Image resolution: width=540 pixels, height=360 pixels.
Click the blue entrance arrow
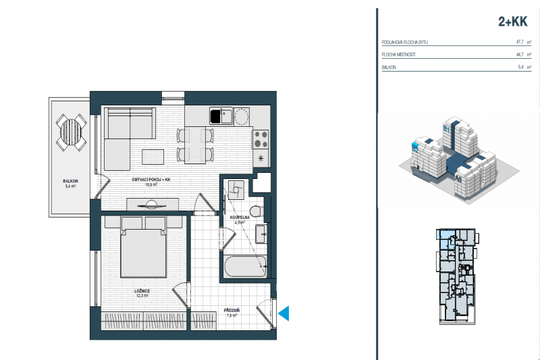click(284, 313)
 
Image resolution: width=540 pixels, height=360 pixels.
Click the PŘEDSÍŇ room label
click(232, 311)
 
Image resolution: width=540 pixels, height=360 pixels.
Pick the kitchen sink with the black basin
click(217, 116)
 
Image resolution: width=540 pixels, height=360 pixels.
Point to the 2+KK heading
click(512, 22)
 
